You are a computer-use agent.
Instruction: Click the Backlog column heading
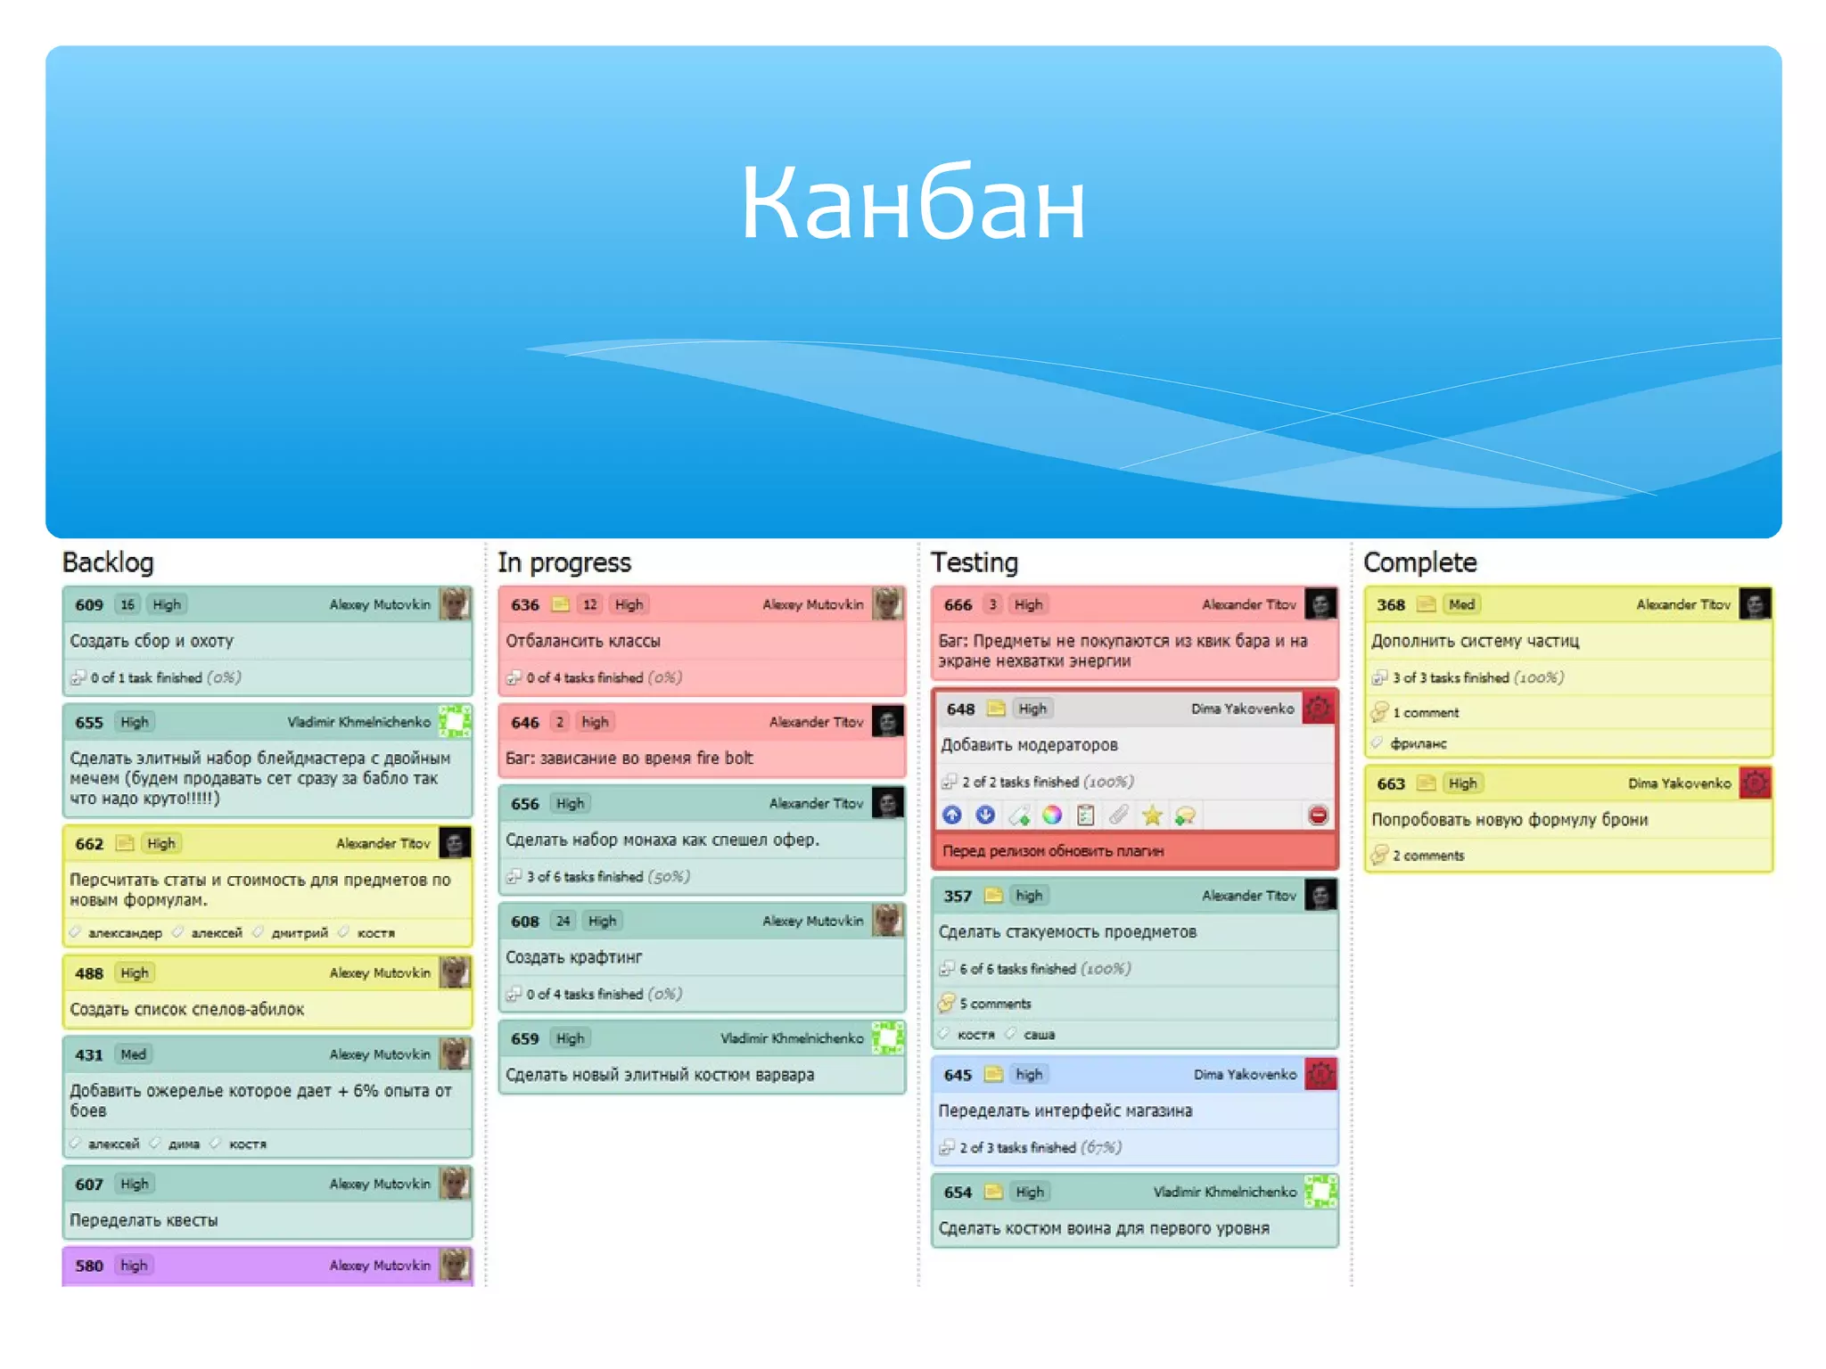pos(108,562)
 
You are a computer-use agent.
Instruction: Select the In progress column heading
pos(563,562)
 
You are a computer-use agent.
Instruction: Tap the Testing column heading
pos(974,562)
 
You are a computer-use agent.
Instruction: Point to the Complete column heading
pos(1419,562)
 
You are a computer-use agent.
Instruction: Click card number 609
pos(89,604)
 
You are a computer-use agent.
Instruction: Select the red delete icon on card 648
pos(1318,815)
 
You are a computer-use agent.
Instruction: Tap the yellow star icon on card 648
pos(1152,815)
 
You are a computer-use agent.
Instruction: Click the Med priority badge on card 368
pos(1461,604)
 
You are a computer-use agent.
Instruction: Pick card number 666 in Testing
pos(958,604)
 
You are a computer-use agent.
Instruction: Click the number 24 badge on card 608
pos(563,921)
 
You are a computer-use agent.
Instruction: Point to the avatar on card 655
pos(455,721)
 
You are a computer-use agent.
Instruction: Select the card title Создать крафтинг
pos(573,957)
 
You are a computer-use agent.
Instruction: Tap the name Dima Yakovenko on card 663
pos(1679,783)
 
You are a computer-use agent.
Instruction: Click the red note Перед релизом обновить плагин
pos(1053,851)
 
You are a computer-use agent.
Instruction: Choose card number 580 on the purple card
pos(89,1266)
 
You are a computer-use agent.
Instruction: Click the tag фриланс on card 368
pos(1419,743)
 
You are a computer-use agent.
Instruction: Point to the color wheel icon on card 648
pos(1052,815)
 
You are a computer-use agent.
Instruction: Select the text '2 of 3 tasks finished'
pos(1017,1148)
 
